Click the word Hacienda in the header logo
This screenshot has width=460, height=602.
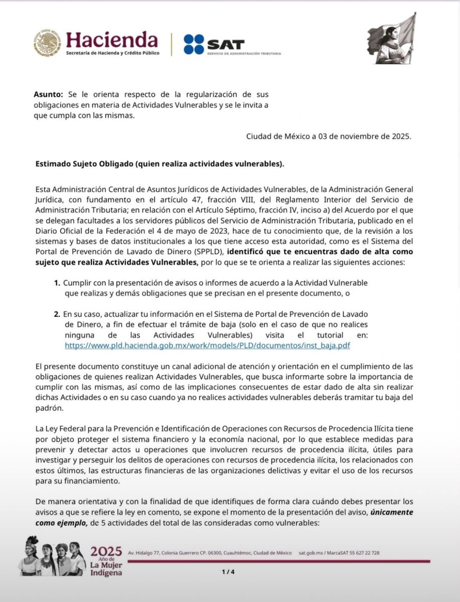click(x=111, y=39)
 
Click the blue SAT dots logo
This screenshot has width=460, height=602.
click(x=194, y=44)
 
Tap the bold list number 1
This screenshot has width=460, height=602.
click(x=57, y=283)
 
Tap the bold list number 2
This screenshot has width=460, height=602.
click(x=57, y=315)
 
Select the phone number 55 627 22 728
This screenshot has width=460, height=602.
click(x=362, y=553)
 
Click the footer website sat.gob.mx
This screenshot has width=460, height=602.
click(x=309, y=553)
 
